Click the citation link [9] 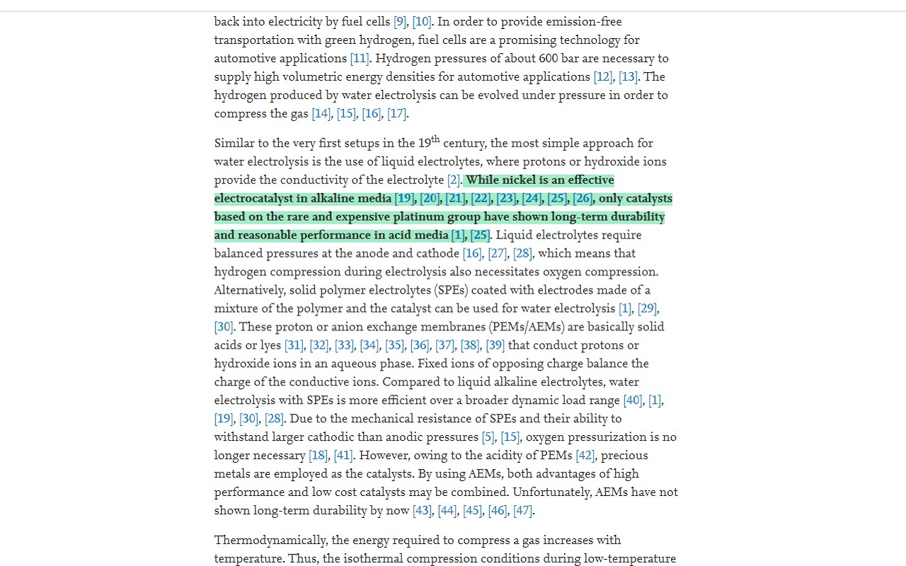pyautogui.click(x=400, y=22)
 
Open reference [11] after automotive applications pyautogui.click(x=360, y=59)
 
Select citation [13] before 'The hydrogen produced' pyautogui.click(x=628, y=77)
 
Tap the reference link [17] pyautogui.click(x=396, y=114)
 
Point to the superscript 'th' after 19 pyautogui.click(x=435, y=139)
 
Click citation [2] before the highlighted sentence pyautogui.click(x=454, y=180)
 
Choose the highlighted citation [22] pyautogui.click(x=481, y=199)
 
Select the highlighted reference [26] pyautogui.click(x=583, y=199)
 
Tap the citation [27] pyautogui.click(x=497, y=254)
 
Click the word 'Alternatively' pyautogui.click(x=248, y=291)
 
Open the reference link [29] pyautogui.click(x=647, y=309)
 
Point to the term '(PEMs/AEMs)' pyautogui.click(x=526, y=328)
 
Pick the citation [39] pyautogui.click(x=495, y=346)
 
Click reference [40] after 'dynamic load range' pyautogui.click(x=633, y=401)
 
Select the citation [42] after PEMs pyautogui.click(x=585, y=456)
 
